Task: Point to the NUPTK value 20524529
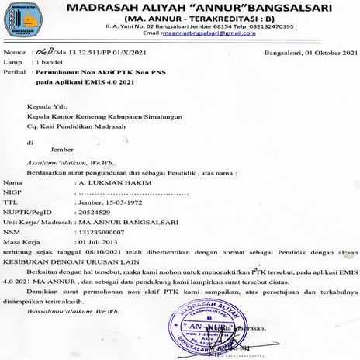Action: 97,211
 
